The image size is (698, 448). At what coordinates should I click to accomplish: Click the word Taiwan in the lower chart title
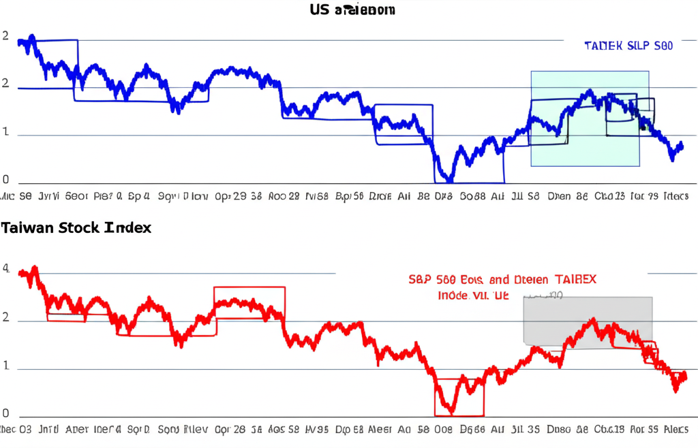(x=27, y=228)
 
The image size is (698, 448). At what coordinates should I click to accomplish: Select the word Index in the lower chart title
(x=128, y=228)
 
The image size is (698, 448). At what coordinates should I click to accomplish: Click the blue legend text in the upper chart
(x=628, y=46)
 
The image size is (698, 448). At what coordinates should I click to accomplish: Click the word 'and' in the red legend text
(x=499, y=280)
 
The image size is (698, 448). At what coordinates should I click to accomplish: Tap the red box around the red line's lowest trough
(x=459, y=397)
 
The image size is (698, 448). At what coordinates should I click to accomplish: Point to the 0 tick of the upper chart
(x=5, y=180)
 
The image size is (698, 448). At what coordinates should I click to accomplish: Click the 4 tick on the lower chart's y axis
(x=5, y=269)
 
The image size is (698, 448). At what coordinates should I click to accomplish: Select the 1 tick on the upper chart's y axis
(x=5, y=133)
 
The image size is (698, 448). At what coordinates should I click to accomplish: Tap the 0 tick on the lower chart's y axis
(x=5, y=413)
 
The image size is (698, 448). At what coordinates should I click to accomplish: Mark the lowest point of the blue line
(x=449, y=180)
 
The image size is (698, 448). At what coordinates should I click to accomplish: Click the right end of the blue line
(x=682, y=146)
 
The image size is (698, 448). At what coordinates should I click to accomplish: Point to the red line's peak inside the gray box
(x=593, y=319)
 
